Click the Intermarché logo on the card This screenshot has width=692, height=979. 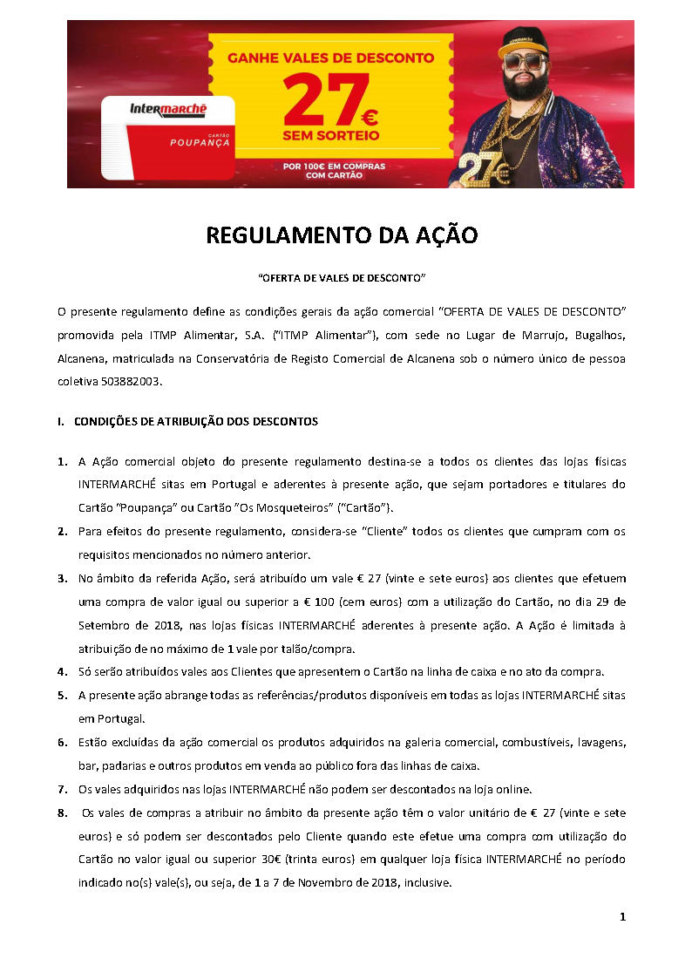pyautogui.click(x=167, y=110)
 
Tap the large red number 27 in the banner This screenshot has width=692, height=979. pyautogui.click(x=319, y=101)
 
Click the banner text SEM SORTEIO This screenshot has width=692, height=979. pyautogui.click(x=330, y=137)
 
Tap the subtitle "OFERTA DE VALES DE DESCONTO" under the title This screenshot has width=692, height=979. pyautogui.click(x=342, y=277)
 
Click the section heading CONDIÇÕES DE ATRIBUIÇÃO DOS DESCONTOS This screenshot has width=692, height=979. pyautogui.click(x=195, y=422)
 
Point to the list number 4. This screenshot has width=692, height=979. pyautogui.click(x=62, y=672)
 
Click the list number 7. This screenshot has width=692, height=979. pyautogui.click(x=62, y=790)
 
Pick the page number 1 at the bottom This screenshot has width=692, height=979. pyautogui.click(x=622, y=916)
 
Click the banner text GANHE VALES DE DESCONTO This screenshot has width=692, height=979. pyautogui.click(x=330, y=58)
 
